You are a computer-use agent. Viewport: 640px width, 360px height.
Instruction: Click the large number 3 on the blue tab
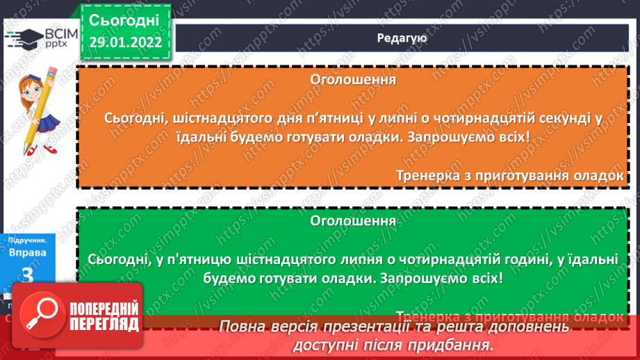click(x=28, y=275)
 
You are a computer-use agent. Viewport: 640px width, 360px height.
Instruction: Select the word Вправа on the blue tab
click(x=28, y=252)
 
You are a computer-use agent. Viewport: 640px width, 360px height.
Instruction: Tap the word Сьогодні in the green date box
click(x=124, y=19)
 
